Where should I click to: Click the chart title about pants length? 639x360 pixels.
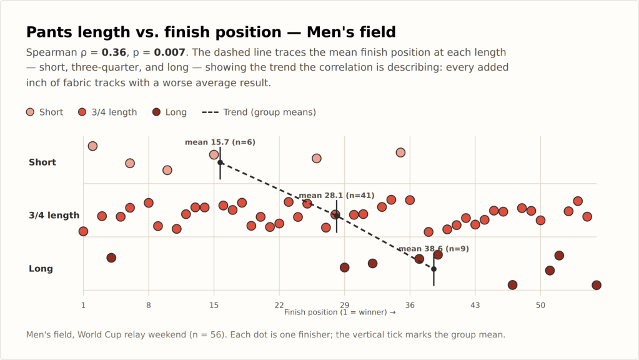coord(211,32)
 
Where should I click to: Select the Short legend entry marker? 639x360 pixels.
coord(30,112)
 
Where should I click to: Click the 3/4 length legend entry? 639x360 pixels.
coord(107,112)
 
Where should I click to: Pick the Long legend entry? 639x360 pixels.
coord(169,112)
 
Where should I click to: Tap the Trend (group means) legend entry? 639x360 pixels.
coord(259,112)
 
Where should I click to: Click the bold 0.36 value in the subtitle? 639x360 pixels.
coord(114,52)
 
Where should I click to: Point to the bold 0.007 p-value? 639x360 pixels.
coord(169,52)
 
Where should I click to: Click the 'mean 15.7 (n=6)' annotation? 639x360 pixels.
coord(220,142)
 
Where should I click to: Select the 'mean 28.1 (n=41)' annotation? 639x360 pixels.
coord(337,196)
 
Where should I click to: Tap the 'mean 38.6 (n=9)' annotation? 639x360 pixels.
coord(433,249)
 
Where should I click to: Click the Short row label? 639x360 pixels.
coord(42,162)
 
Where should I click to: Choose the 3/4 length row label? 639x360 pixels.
coord(54,215)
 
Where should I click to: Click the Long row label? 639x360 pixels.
coord(41,269)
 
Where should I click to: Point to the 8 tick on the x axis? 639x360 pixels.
coord(149,305)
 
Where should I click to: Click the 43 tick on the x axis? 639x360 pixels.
coord(475,305)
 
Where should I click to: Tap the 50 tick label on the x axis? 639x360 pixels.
coord(540,305)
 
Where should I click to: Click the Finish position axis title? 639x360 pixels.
coord(340,312)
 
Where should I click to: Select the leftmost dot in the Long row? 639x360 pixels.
coord(111,257)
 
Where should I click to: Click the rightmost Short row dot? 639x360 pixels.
coord(400,152)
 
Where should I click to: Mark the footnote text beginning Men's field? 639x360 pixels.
coord(265,335)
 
